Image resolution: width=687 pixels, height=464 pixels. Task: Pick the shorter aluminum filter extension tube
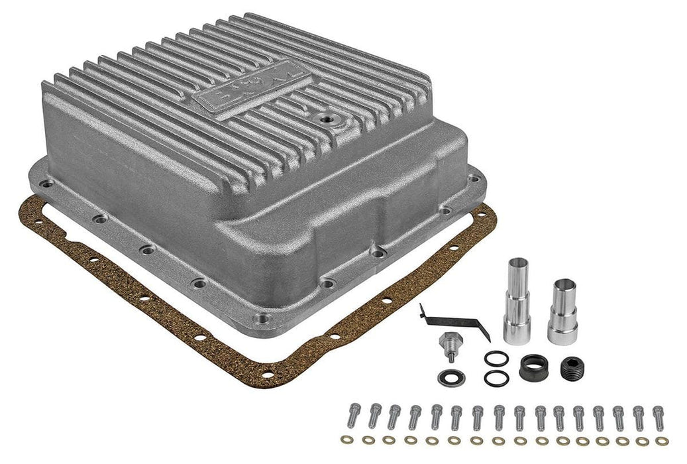(562, 312)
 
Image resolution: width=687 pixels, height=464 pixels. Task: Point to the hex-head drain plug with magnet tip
(449, 345)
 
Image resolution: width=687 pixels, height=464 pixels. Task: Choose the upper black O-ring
(496, 359)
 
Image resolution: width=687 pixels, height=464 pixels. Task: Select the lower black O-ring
(496, 378)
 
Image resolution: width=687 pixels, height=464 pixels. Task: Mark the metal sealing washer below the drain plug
(450, 378)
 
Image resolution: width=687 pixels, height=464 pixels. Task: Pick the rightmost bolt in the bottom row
(658, 415)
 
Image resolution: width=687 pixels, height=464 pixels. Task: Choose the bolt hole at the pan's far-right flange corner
(472, 178)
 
